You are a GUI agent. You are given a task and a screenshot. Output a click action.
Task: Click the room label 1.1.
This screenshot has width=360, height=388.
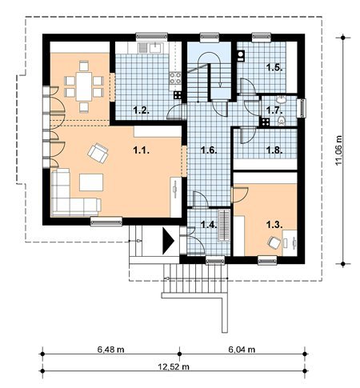(x=141, y=151)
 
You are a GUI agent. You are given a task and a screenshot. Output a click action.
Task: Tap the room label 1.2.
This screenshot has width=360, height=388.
(x=141, y=110)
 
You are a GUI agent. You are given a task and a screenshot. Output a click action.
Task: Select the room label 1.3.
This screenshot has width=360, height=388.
(x=274, y=225)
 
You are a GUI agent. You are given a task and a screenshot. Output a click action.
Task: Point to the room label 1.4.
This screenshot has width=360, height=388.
(x=209, y=225)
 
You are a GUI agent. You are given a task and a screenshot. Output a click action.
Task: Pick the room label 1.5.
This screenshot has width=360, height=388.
(x=274, y=67)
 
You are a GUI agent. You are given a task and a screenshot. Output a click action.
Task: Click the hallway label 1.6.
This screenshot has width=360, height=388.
(x=209, y=150)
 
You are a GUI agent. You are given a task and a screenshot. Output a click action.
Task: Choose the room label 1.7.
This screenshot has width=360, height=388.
(x=274, y=110)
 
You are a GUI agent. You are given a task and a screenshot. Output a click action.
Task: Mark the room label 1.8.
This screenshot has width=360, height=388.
(x=274, y=150)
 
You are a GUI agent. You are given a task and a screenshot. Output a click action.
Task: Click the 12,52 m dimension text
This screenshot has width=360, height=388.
(x=174, y=367)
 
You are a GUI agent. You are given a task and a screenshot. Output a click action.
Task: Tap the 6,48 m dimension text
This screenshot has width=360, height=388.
(x=110, y=350)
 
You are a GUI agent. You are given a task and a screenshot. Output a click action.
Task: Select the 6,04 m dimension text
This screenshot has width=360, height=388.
(x=242, y=350)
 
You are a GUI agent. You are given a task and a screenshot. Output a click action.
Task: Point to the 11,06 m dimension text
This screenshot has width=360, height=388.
(x=338, y=150)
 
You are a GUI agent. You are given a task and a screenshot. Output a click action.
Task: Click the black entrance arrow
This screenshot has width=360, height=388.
(x=168, y=241)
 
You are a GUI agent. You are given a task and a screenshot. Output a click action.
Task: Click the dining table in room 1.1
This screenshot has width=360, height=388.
(x=84, y=86)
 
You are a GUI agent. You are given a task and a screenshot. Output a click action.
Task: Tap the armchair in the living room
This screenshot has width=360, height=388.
(x=98, y=153)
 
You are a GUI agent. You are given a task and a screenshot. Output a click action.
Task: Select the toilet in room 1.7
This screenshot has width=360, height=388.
(x=281, y=121)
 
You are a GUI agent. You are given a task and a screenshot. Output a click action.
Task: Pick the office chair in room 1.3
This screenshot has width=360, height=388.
(x=274, y=242)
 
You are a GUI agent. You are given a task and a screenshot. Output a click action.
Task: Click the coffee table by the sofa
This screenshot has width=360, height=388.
(x=91, y=182)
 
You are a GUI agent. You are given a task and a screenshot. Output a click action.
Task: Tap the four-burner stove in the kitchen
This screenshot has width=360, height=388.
(x=175, y=78)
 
